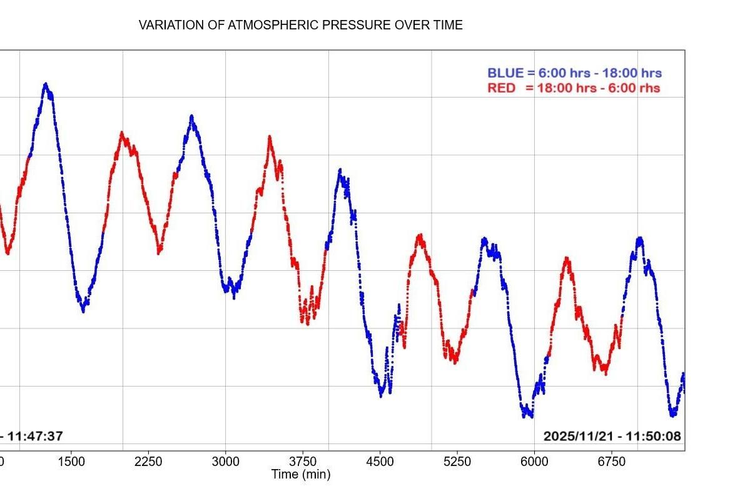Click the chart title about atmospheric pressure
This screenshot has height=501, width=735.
point(300,25)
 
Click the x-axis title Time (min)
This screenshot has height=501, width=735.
point(300,475)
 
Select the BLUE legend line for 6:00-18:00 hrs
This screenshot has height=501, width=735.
point(574,73)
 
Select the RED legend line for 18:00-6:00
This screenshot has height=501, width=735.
point(574,88)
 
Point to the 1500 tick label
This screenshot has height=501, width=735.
point(71,462)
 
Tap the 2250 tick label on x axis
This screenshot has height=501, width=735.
point(148,462)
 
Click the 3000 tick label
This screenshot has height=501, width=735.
point(225,462)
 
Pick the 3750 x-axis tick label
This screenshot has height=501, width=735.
point(303,462)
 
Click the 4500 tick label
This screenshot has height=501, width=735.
point(380,462)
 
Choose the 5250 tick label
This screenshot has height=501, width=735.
point(457,462)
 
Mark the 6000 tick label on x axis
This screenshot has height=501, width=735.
point(534,462)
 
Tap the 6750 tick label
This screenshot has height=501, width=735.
point(612,462)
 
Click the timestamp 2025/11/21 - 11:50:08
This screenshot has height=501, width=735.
point(612,436)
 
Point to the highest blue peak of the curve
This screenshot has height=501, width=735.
point(46,84)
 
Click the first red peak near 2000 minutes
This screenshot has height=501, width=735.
point(121,133)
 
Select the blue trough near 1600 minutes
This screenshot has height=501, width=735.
point(83,309)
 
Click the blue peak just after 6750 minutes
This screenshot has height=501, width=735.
point(639,239)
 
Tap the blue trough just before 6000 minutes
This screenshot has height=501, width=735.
point(527,414)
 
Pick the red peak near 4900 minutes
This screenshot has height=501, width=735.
point(420,236)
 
